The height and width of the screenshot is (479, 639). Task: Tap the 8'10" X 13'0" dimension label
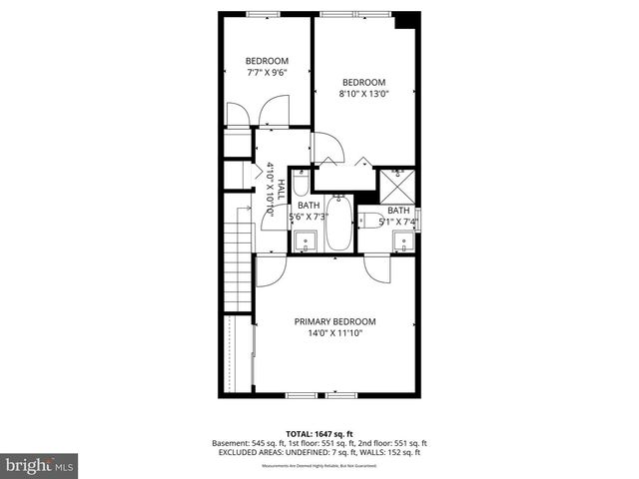[x=363, y=94]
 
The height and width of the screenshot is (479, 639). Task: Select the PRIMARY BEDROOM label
[x=334, y=320]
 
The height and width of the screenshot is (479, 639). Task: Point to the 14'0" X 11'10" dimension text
[x=334, y=333]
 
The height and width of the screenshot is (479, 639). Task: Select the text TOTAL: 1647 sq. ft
[x=319, y=434]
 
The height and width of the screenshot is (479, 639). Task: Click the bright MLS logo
[x=40, y=465]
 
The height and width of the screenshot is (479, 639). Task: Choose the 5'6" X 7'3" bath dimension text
[x=310, y=217]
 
